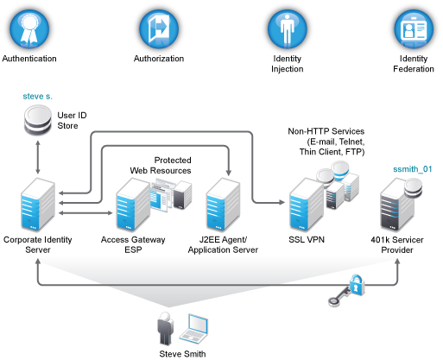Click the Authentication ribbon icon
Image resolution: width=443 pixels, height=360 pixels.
(29, 29)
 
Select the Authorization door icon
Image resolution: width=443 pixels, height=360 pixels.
(159, 29)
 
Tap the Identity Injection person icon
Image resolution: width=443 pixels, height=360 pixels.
(288, 29)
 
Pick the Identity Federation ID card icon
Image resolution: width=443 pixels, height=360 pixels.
(414, 29)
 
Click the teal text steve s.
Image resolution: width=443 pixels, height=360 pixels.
(38, 96)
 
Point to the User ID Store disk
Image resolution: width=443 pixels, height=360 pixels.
(38, 120)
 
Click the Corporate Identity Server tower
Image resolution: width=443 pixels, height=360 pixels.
(38, 205)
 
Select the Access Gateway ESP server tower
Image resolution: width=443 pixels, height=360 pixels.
(133, 205)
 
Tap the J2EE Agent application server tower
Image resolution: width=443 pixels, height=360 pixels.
(223, 205)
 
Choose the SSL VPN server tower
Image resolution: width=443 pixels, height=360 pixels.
(307, 205)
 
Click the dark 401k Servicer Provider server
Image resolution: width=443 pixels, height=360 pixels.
(397, 205)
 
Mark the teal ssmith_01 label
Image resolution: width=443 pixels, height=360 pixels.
(413, 169)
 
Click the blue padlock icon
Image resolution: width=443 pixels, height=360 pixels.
(357, 285)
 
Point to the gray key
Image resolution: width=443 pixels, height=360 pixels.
(339, 297)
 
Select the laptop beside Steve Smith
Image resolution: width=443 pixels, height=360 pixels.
(193, 328)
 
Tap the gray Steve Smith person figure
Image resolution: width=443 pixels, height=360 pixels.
(165, 328)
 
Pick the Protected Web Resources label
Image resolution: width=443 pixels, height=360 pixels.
(161, 166)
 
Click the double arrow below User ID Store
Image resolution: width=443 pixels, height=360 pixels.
(38, 157)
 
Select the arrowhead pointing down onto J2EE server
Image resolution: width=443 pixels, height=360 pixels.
(229, 172)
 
